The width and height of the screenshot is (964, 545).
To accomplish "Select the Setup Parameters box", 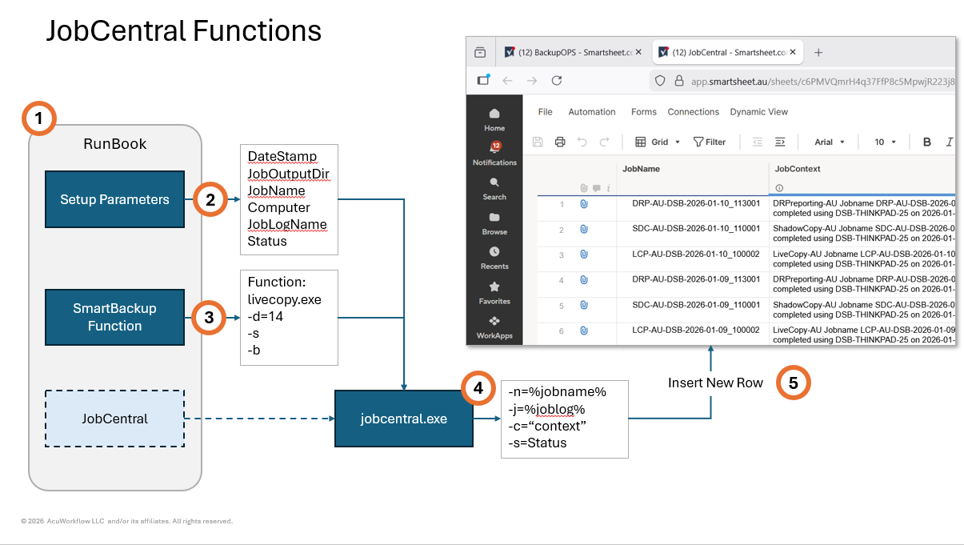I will (x=114, y=199).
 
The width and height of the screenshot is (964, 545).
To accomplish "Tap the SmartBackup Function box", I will (x=114, y=317).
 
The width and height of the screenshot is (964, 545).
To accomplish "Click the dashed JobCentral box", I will (x=114, y=418).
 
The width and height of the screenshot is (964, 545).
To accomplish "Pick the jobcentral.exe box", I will (x=403, y=419).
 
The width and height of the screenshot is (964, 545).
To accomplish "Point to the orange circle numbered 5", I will (x=793, y=383).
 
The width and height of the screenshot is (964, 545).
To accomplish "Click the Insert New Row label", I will (x=715, y=383).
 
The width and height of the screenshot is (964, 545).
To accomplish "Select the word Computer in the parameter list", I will (x=278, y=207).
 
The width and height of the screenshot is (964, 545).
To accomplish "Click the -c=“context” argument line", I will (x=547, y=426).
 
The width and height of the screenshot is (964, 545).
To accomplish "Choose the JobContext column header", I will (x=798, y=169).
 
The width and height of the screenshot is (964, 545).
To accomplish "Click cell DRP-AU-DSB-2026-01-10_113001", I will (x=695, y=204).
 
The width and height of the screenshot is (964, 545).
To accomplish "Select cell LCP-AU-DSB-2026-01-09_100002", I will (x=695, y=330).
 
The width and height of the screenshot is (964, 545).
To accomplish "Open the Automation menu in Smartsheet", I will (x=591, y=112).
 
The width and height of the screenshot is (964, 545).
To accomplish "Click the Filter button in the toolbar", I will (x=710, y=142).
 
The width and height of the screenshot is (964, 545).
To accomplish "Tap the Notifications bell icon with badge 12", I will (x=494, y=147).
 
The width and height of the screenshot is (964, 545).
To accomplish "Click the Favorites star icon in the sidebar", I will (x=494, y=287).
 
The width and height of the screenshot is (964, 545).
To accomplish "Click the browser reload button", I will (x=557, y=80).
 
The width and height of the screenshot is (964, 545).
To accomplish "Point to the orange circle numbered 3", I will (x=210, y=317).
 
